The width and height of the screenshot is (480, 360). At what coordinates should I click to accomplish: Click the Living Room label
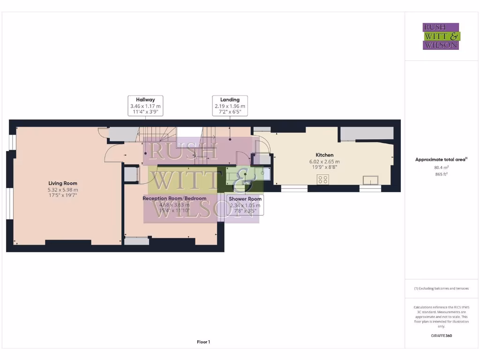[x=63, y=183]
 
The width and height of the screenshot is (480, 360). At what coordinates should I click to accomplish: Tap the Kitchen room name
[x=324, y=155]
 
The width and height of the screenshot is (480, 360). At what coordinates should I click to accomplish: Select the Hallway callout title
[x=145, y=100]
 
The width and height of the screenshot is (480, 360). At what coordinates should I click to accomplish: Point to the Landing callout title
[x=230, y=100]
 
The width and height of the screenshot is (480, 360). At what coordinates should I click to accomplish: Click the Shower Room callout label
[x=245, y=199]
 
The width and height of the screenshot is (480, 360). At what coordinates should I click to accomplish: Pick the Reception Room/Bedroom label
[x=174, y=198]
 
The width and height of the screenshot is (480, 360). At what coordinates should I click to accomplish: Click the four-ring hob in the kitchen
[x=322, y=179]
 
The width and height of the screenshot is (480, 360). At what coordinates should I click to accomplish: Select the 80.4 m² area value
[x=441, y=167]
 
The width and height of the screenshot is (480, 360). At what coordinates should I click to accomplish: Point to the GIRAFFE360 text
[x=441, y=336]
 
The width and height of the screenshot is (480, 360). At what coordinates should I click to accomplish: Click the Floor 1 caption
[x=203, y=342]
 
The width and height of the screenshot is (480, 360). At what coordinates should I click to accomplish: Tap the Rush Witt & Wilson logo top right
[x=441, y=36]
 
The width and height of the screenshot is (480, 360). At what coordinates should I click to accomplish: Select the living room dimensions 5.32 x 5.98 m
[x=63, y=189]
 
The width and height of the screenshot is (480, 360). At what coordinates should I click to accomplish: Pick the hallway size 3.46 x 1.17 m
[x=145, y=106]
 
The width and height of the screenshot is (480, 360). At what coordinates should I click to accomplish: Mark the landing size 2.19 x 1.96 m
[x=230, y=106]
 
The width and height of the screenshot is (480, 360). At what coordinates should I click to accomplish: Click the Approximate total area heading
[x=441, y=160]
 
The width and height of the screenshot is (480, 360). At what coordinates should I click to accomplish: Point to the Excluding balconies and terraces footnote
[x=441, y=288]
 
